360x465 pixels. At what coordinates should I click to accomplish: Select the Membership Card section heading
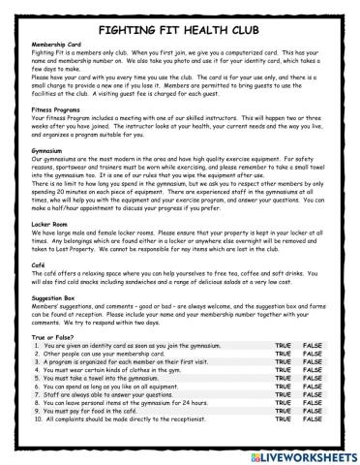pos(55,45)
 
